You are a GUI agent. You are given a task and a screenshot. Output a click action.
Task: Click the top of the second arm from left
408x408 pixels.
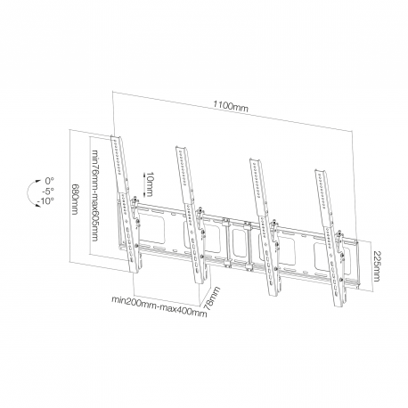(x=181, y=148)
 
